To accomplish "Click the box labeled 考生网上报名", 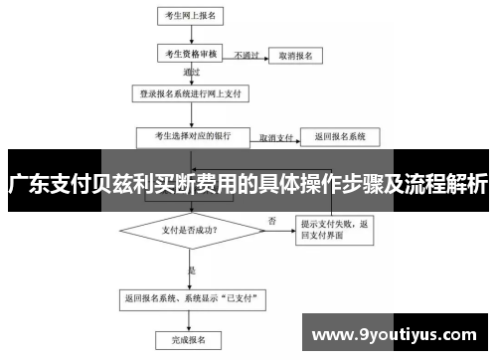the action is (188, 17).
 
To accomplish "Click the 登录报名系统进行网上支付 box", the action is (189, 95).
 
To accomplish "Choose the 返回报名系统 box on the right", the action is (339, 135).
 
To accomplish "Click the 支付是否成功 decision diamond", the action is (189, 230).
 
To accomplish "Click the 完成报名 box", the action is (189, 339).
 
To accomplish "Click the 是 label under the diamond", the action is (192, 269).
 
